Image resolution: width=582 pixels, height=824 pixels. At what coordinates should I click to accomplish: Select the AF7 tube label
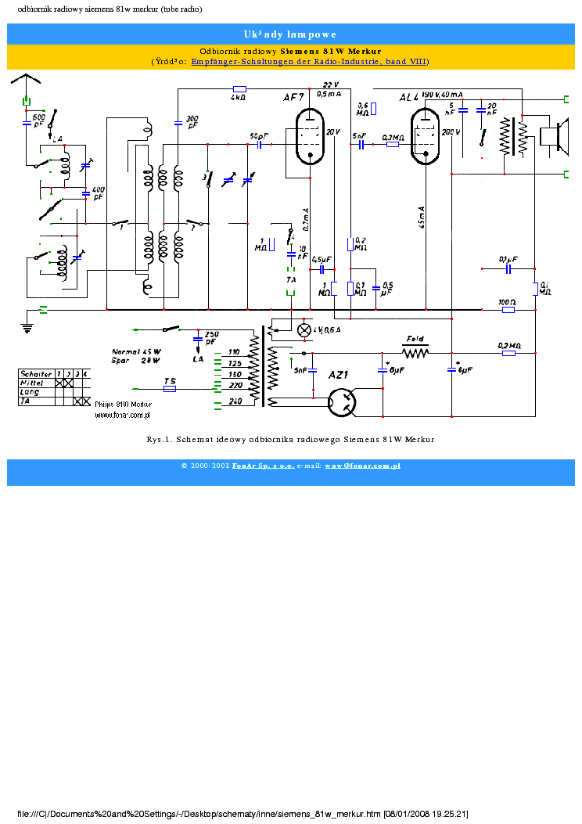pos(293,98)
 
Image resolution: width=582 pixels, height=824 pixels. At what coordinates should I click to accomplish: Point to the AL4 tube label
pos(409,97)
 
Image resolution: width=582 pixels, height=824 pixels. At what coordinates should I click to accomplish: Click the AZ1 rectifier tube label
pos(337,376)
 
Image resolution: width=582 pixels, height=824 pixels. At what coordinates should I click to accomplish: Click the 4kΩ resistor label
pos(239,99)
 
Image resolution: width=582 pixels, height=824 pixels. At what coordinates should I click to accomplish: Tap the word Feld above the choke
pos(415,340)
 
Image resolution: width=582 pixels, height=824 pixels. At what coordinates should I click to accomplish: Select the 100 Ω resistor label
pos(508,301)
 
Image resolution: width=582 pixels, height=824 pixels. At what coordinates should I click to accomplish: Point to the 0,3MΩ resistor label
pos(392,137)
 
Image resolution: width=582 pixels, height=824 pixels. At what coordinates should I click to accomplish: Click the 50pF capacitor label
pos(258,136)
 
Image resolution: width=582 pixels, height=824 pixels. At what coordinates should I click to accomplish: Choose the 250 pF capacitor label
pos(210,338)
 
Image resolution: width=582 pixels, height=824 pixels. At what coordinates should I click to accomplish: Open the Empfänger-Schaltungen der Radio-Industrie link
pos(309,61)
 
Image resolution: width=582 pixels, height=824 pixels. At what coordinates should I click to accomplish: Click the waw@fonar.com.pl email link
pos(362,466)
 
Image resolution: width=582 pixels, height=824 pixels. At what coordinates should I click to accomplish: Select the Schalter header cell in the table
pos(36,374)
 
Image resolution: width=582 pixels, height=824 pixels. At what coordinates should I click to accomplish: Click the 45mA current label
pos(422,217)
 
